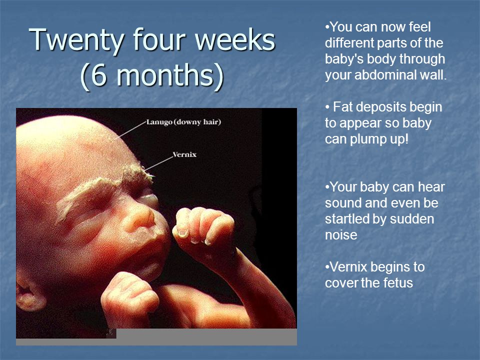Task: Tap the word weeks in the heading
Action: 235,40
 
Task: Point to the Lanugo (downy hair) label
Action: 183,122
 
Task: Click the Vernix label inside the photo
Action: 184,154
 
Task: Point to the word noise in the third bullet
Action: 341,235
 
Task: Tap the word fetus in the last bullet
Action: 397,282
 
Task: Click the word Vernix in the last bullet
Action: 348,267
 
